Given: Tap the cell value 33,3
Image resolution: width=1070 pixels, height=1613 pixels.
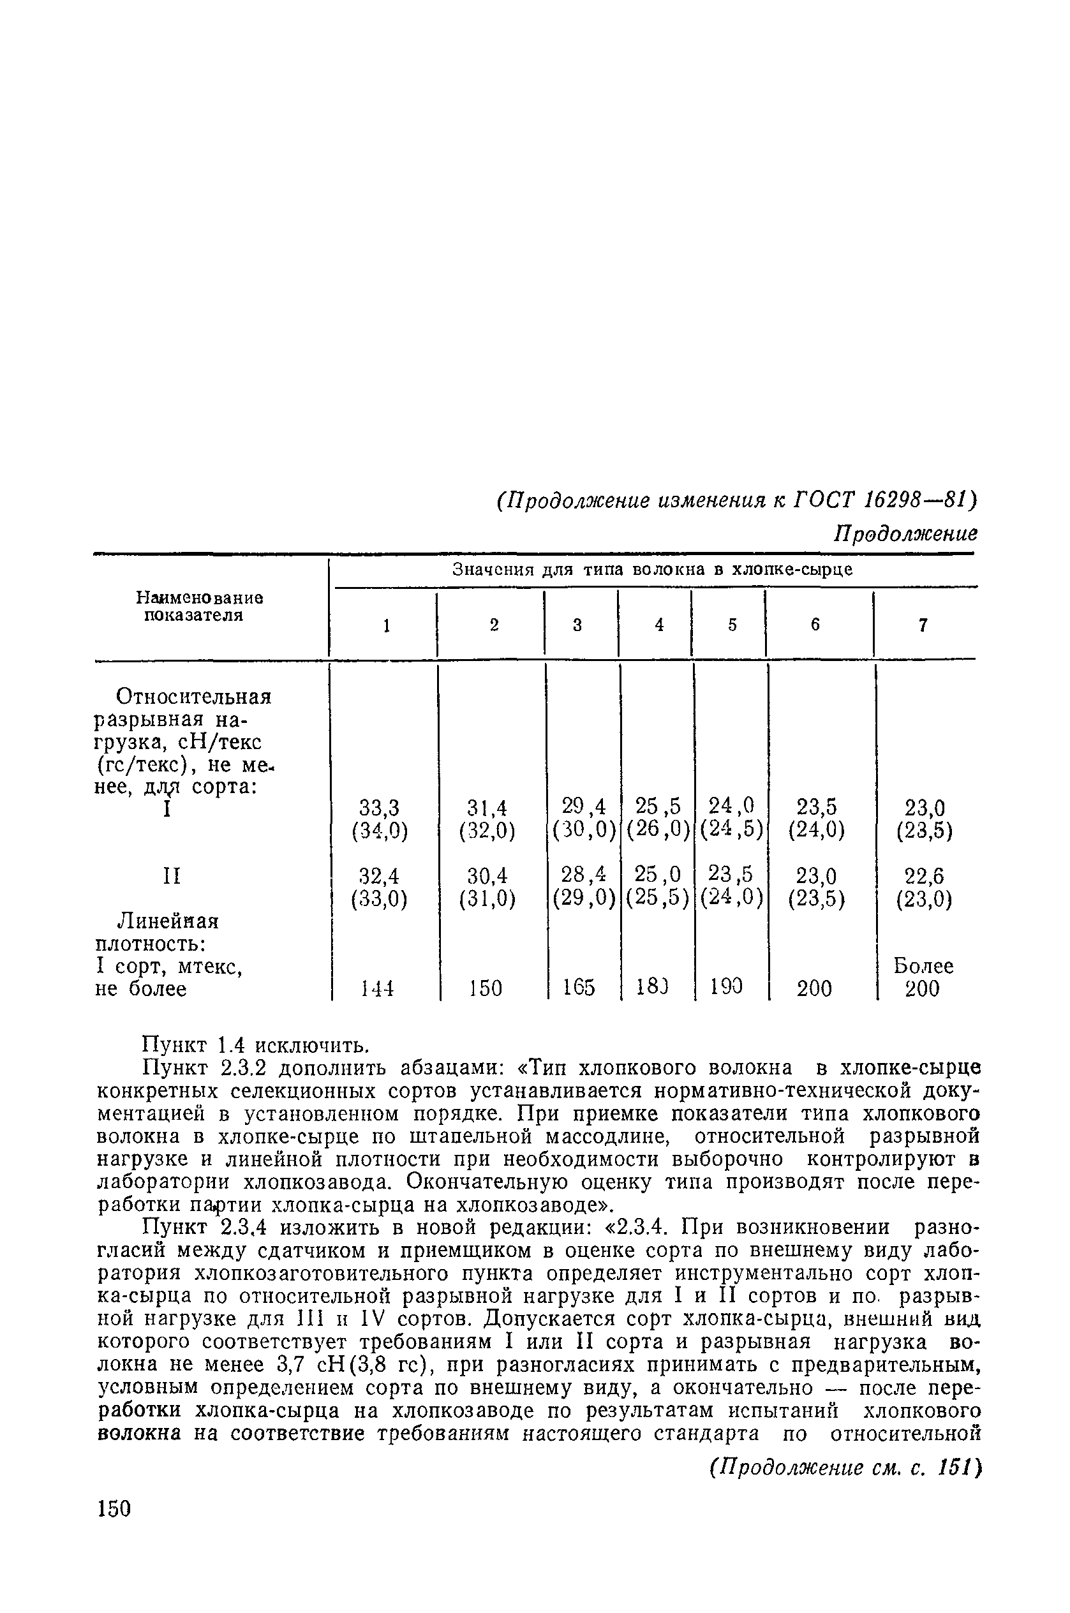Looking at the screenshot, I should point(380,808).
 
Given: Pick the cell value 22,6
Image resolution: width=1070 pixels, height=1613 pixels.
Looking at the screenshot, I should point(923,876).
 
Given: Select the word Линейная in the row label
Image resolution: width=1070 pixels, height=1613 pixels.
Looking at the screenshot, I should point(168,922).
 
